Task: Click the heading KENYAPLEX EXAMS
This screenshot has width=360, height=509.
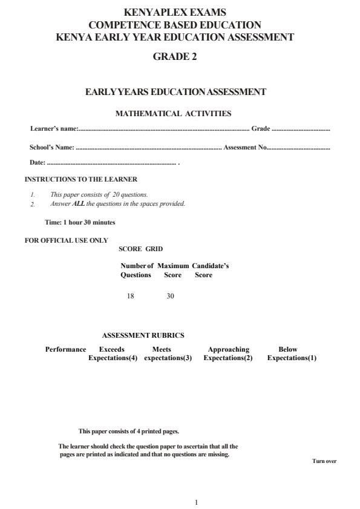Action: [175, 12]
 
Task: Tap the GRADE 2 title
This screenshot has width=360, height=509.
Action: [175, 57]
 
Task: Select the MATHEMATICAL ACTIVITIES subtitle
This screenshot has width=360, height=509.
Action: [173, 113]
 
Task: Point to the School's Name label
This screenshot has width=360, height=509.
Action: [52, 147]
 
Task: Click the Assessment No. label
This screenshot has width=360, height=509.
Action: [245, 147]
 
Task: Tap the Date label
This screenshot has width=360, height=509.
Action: [37, 163]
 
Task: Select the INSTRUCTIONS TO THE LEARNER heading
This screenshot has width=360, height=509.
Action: [81, 179]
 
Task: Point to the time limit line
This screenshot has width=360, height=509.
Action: [80, 222]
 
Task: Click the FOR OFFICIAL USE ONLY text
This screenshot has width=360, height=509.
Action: [66, 240]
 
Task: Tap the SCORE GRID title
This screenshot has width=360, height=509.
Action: [140, 249]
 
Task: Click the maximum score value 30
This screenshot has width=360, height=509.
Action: [170, 296]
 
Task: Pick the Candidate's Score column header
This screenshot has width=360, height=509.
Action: [210, 271]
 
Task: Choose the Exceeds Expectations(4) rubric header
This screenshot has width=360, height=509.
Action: [113, 353]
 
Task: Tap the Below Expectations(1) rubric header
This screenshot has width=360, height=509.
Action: [292, 353]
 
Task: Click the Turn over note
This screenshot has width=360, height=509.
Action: [324, 461]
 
